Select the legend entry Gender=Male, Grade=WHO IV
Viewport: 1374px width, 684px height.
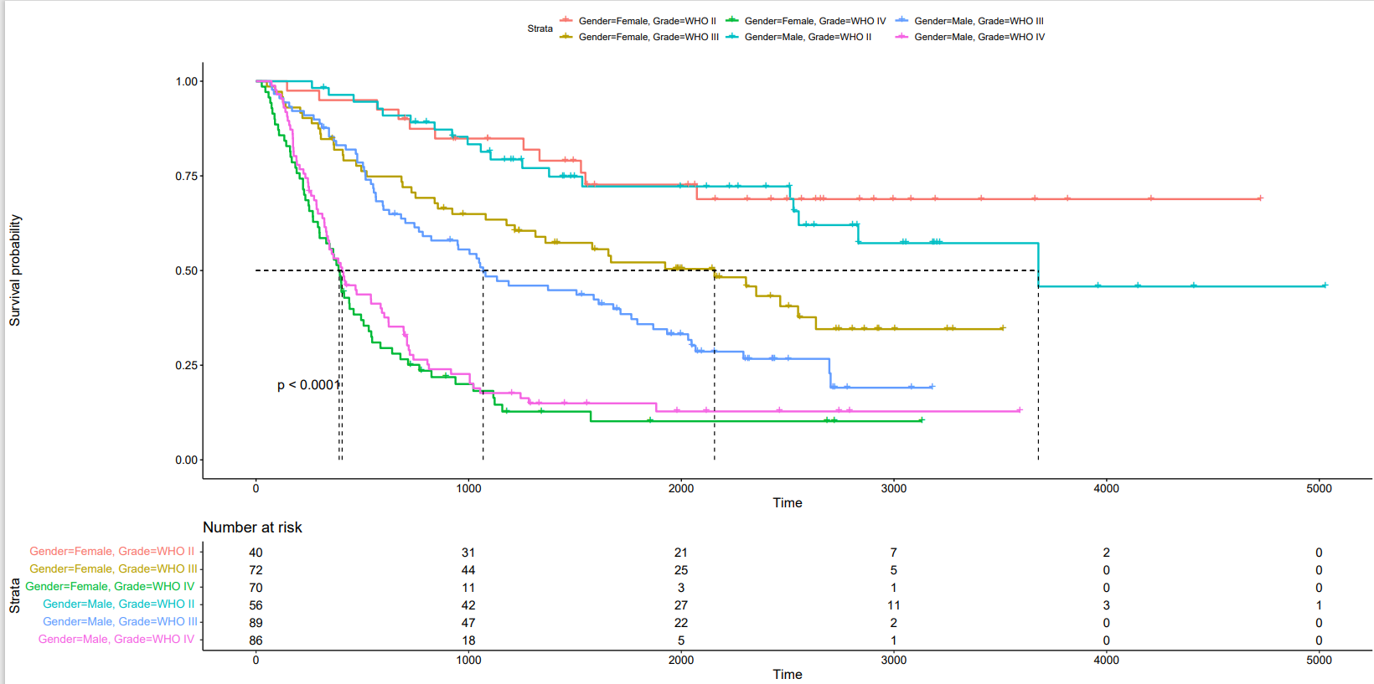979,37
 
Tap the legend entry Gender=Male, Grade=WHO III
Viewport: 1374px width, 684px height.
979,21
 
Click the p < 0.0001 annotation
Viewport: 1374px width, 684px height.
308,385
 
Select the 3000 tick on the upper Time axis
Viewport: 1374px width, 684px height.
893,488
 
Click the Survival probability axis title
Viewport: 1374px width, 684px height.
15,270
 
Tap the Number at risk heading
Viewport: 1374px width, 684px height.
252,527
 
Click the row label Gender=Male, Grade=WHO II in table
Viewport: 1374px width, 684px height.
118,604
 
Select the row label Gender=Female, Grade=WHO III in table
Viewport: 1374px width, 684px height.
113,568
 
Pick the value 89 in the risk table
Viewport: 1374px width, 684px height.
256,623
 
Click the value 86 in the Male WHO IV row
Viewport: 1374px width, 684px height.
256,640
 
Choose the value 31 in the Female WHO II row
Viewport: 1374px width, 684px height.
468,553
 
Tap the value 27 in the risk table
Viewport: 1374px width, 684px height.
680,605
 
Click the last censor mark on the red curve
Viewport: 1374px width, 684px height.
1260,198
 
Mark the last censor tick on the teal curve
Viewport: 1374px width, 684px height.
1325,285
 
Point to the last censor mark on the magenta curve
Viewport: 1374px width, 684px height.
1019,410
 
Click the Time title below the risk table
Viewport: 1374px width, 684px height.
787,675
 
